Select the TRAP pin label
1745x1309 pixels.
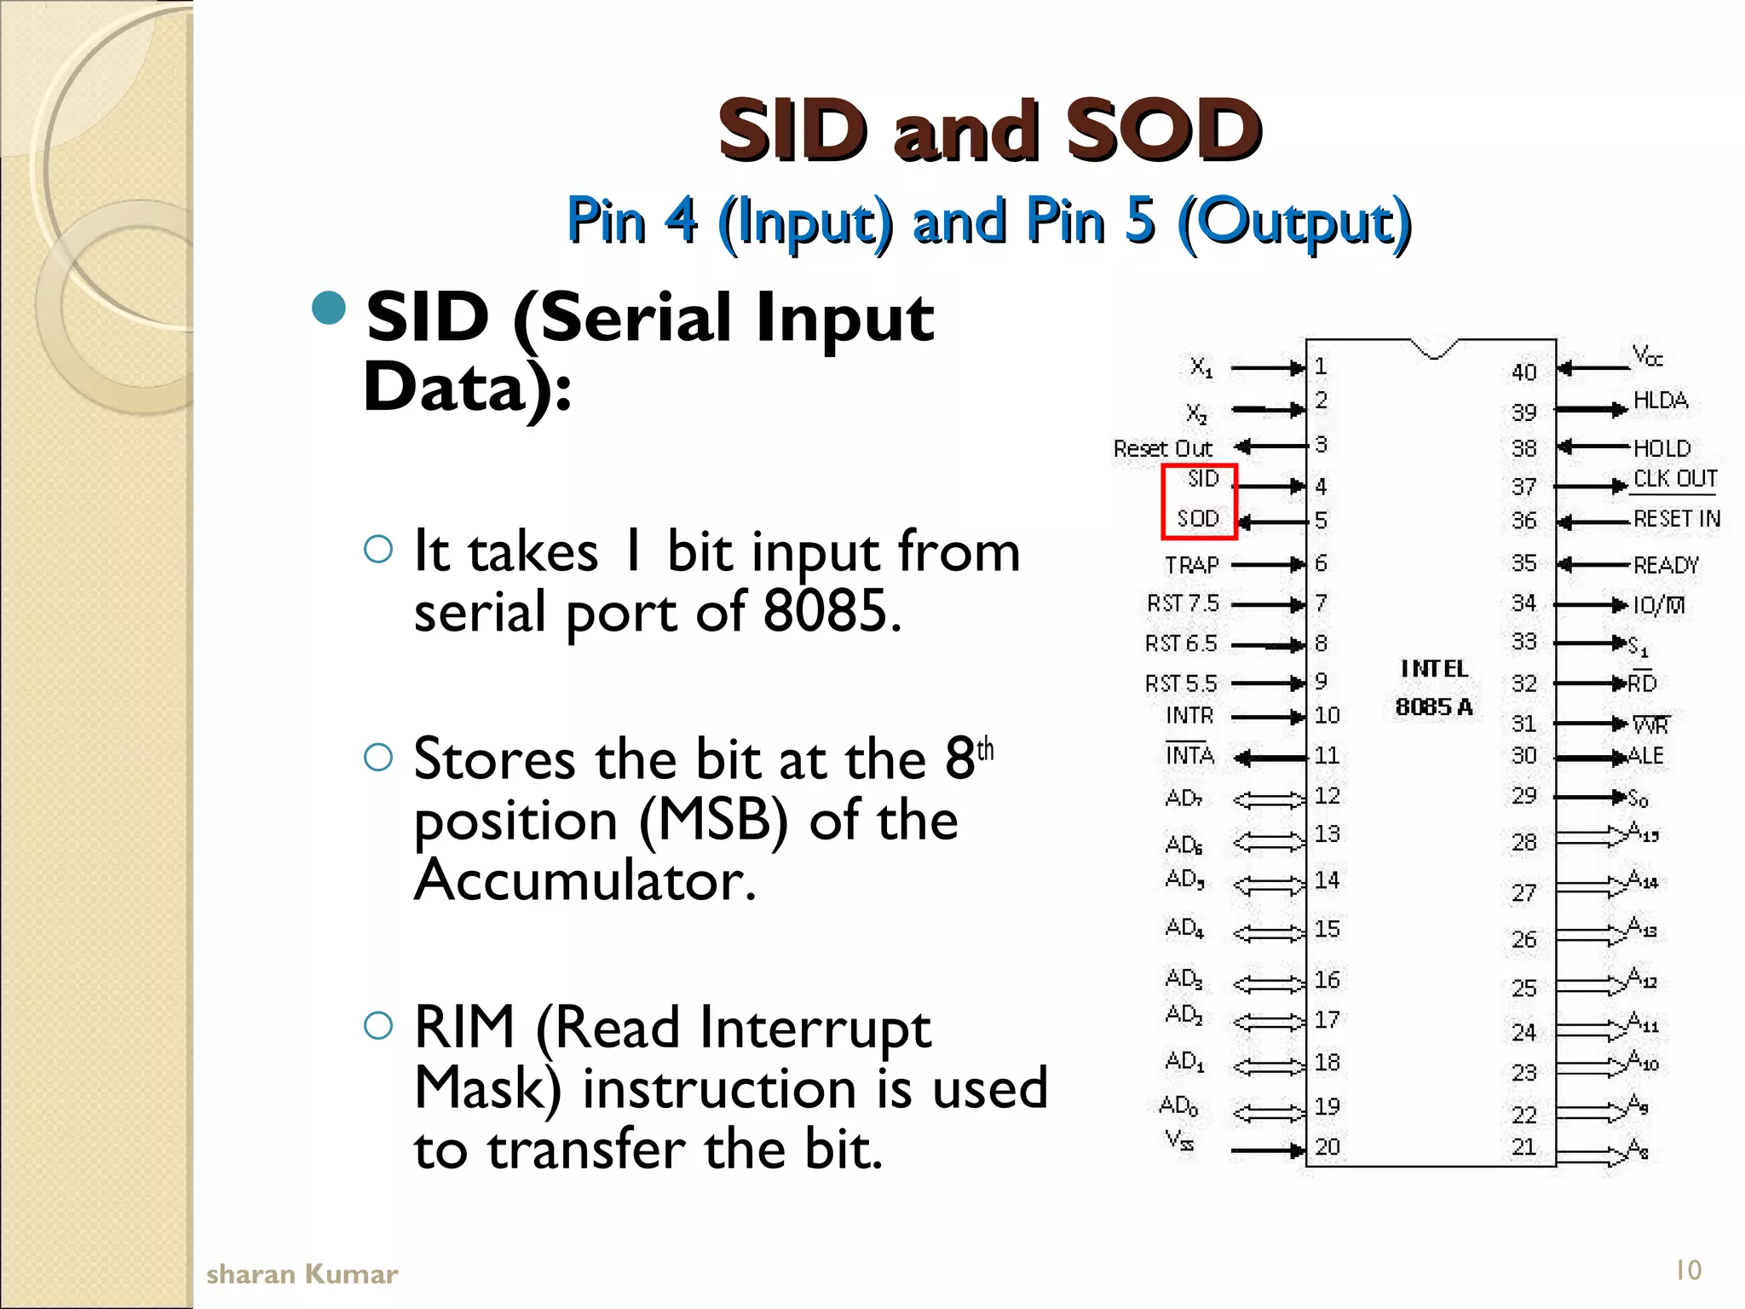[x=1192, y=565]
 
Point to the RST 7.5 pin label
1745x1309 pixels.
[x=1183, y=603]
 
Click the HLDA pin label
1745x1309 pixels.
[x=1661, y=401]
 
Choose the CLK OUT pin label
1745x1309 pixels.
[x=1675, y=479]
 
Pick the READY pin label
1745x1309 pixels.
[x=1666, y=565]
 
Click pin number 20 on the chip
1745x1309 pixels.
[x=1327, y=1147]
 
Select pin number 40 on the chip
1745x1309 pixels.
[x=1524, y=372]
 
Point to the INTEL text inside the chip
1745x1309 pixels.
[x=1435, y=669]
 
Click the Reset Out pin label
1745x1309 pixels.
[x=1162, y=448]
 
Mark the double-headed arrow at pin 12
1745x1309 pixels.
[x=1269, y=799]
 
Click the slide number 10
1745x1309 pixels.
[x=1688, y=1271]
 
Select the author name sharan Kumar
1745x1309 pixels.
[x=302, y=1274]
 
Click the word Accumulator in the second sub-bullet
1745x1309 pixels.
[x=585, y=880]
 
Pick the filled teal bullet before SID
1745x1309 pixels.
[x=330, y=308]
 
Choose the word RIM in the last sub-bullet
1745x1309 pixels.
[x=464, y=1027]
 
